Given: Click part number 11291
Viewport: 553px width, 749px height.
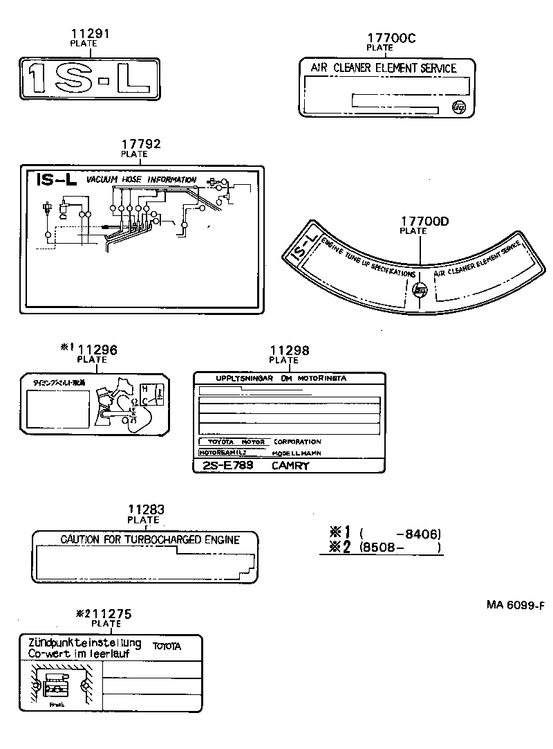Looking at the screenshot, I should (89, 33).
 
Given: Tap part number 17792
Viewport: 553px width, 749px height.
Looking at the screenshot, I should (141, 145).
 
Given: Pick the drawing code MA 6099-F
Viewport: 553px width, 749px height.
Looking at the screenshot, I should (515, 605).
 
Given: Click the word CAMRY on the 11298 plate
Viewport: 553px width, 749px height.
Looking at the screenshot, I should (290, 466).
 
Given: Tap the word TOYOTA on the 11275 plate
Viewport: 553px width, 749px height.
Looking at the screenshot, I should (167, 647).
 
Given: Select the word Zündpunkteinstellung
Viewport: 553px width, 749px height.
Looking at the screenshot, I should (84, 643).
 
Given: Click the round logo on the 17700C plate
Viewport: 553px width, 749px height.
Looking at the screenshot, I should (458, 107).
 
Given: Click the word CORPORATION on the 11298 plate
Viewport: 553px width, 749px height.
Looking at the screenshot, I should (297, 442).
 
